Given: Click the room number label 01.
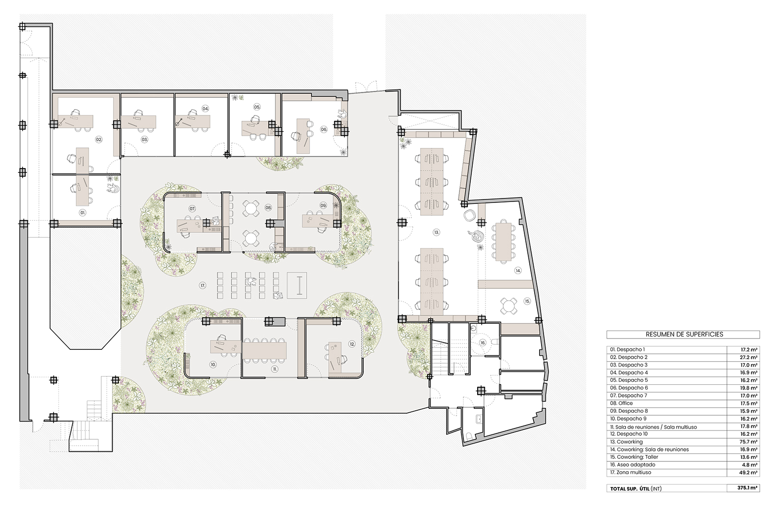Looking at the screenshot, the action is (x=83, y=213).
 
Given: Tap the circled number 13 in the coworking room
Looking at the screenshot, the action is (x=436, y=232).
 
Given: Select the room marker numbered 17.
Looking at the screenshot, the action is (x=202, y=285).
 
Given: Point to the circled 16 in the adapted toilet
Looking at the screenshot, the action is (x=483, y=343).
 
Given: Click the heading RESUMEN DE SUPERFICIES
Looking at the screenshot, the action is (x=684, y=335).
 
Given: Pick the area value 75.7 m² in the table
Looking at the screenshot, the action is (x=747, y=442).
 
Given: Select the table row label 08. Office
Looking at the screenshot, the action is (x=621, y=403).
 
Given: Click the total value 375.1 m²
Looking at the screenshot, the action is (x=746, y=488).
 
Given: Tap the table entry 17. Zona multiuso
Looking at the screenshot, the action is (x=631, y=472).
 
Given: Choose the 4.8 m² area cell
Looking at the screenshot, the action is (x=749, y=465).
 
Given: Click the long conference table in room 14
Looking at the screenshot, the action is (x=503, y=242).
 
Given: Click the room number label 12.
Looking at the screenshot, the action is (x=352, y=344).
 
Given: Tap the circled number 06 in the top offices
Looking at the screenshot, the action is (x=323, y=129).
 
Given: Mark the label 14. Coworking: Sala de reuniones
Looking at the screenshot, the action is (x=649, y=450).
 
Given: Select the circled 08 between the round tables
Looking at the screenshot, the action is (x=268, y=208).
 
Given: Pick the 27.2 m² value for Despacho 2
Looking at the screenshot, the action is (x=747, y=357).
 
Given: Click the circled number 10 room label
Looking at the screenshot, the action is (x=213, y=364).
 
